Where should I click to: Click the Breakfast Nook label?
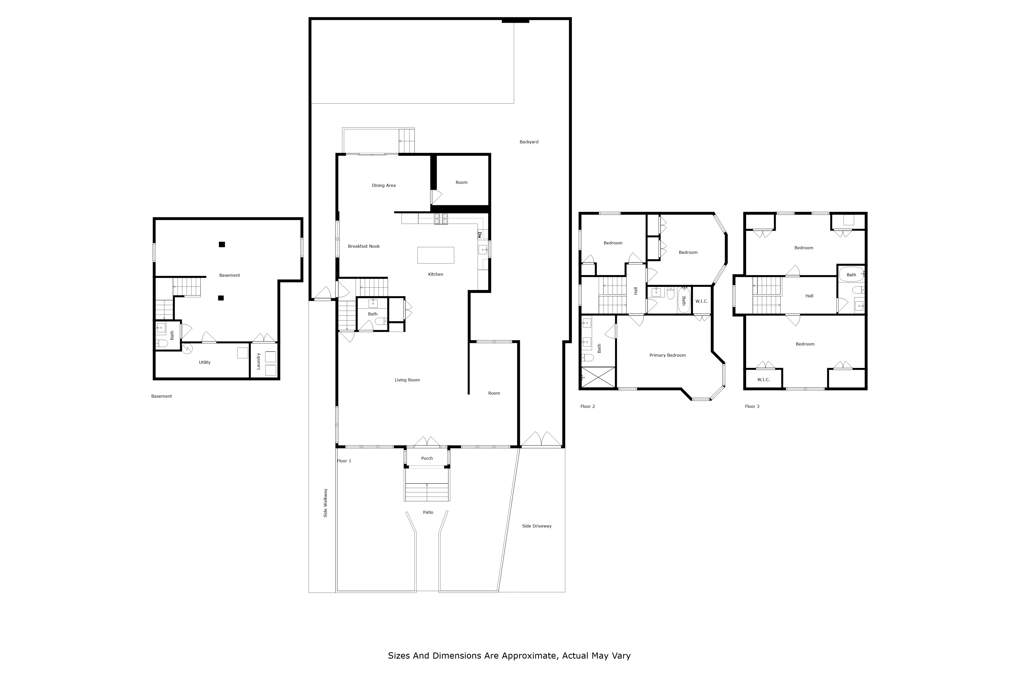364,246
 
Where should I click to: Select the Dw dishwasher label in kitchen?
480,235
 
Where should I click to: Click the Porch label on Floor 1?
427,458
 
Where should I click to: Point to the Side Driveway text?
536,526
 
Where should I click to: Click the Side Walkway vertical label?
325,503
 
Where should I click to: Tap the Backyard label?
529,142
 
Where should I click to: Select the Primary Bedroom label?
667,355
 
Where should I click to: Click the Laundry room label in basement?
259,361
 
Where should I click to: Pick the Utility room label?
205,363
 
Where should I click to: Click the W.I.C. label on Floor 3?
763,380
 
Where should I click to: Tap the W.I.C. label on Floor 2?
701,301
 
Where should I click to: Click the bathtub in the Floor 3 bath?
851,274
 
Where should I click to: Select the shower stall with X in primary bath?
598,377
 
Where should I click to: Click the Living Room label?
407,380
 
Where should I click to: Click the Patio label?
428,512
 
